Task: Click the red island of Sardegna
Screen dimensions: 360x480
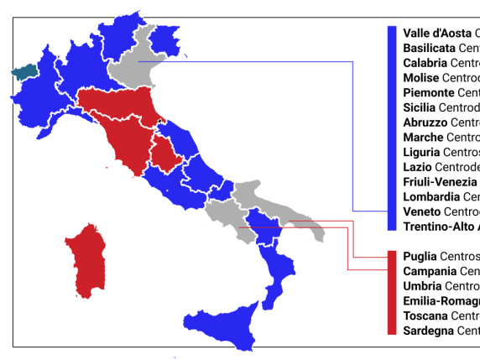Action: click(86, 259)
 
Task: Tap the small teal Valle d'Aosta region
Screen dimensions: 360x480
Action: click(23, 72)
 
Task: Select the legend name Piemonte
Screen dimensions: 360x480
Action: click(429, 92)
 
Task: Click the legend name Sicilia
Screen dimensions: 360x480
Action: click(420, 107)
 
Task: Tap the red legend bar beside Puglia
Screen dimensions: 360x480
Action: click(391, 293)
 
